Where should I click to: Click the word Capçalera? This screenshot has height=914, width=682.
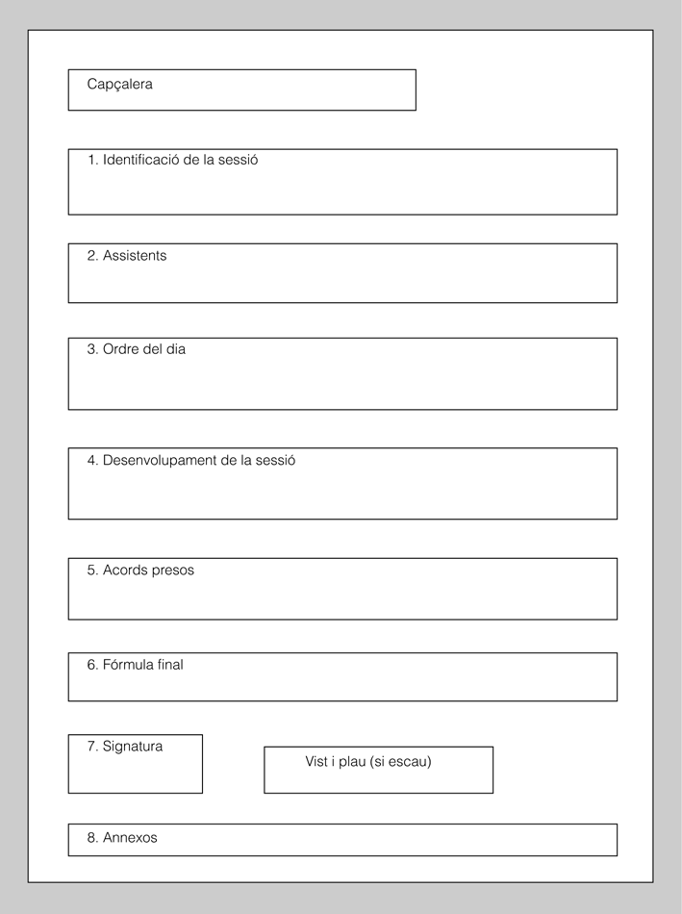coord(119,85)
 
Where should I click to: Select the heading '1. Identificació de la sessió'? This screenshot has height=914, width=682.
coord(172,160)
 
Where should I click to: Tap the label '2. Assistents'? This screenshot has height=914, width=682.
coord(127,256)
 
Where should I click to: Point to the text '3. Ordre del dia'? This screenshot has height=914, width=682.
coord(137,349)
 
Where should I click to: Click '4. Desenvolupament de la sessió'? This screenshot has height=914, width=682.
coord(191,460)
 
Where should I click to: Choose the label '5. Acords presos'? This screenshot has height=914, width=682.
coord(140,570)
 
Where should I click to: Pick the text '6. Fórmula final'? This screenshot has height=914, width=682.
coord(136,664)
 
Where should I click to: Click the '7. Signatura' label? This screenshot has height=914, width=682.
coord(125,746)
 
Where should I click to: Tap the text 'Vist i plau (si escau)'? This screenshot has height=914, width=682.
coord(368,761)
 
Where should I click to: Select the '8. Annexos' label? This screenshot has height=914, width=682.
coord(122,838)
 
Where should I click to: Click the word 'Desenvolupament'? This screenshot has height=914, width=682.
coord(160,461)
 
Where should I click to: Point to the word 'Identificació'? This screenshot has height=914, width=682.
coord(140,160)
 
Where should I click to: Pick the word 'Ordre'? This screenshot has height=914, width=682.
coord(120,349)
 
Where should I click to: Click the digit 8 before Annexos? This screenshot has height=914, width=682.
coord(91,838)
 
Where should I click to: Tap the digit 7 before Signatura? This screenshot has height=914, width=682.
coord(91,746)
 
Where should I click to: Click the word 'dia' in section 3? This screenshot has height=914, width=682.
coord(175,349)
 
